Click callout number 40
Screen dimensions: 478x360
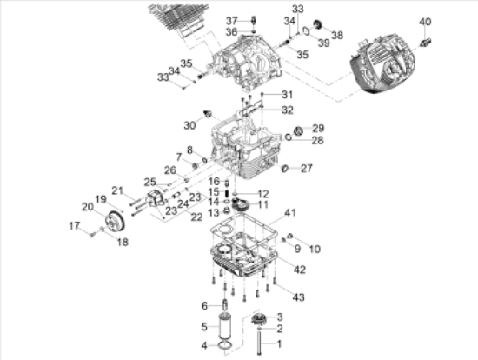(425, 22)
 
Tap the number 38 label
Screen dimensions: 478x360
(337, 35)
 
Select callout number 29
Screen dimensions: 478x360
(318, 128)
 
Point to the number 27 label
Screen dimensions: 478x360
(307, 168)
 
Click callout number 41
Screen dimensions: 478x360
(290, 212)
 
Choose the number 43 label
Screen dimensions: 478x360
(298, 297)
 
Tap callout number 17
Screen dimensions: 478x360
(75, 226)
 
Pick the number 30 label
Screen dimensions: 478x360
(189, 125)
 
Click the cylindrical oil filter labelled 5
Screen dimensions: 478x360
(225, 327)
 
